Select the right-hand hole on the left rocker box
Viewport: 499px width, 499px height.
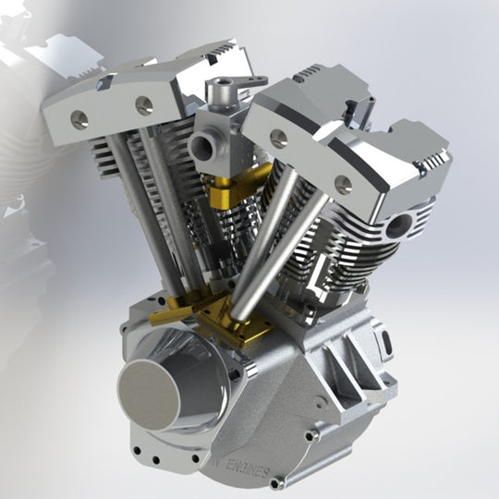[x=144, y=105]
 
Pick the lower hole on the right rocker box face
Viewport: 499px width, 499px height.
[x=341, y=182]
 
